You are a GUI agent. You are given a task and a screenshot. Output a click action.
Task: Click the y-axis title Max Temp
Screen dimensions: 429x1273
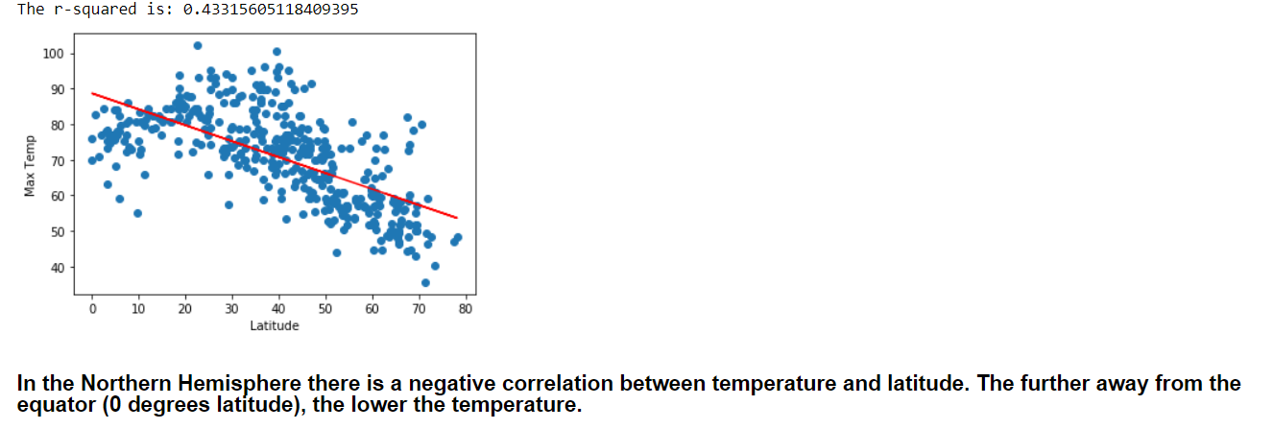31,164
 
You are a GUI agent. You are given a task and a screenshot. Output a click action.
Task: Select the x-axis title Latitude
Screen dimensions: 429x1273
274,325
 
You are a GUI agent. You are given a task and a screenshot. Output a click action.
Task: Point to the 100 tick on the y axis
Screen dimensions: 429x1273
53,54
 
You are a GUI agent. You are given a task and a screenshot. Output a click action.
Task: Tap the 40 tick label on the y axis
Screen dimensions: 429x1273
57,268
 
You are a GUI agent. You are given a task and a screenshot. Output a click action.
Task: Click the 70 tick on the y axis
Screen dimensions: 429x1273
57,161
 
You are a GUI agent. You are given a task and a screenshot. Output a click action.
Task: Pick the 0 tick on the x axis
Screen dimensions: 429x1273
92,309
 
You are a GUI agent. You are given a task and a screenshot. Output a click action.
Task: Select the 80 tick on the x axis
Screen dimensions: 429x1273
466,309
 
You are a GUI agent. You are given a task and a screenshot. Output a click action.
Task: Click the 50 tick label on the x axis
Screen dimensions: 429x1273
325,309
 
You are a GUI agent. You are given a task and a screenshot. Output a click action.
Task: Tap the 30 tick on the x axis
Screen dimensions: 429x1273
232,309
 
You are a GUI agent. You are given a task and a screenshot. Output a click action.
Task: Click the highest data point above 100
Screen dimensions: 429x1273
198,45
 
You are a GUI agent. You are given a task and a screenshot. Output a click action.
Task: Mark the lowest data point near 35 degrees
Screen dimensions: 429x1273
425,282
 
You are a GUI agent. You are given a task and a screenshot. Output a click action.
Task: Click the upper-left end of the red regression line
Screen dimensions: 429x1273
92,93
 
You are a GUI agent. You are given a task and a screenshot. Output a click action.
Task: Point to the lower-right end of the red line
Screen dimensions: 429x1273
457,218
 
